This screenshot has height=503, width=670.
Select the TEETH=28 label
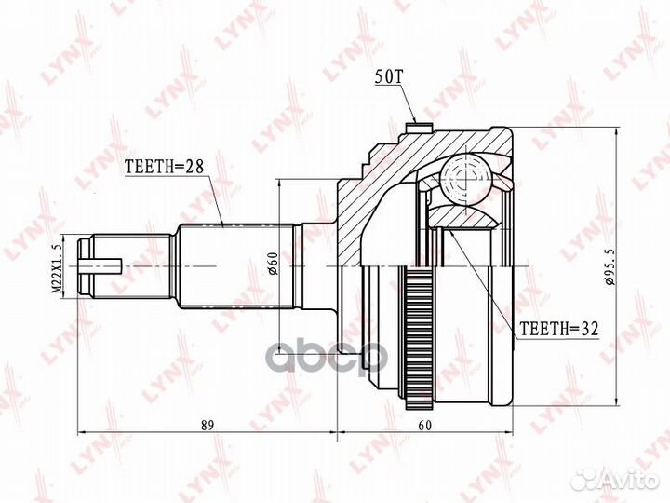click(164, 169)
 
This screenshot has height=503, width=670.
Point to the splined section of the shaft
click(233, 265)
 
